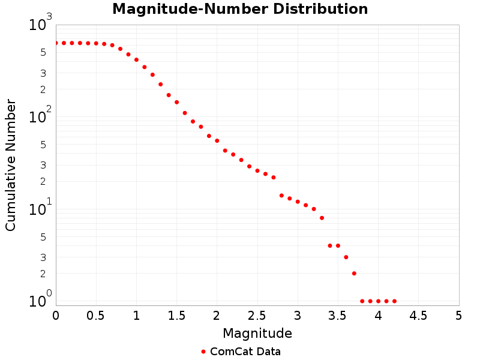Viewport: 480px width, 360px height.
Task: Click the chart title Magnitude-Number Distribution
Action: [x=240, y=10]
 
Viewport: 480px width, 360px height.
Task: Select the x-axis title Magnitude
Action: [x=257, y=333]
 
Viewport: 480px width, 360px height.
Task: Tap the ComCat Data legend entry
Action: [x=240, y=352]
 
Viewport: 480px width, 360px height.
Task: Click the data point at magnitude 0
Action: [x=56, y=43]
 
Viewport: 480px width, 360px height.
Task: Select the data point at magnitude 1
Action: [x=136, y=59]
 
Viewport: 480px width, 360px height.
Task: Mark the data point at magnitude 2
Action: [x=217, y=140]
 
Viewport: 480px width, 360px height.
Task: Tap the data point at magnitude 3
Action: [x=298, y=202]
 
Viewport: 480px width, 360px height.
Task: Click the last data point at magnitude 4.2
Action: [x=394, y=301]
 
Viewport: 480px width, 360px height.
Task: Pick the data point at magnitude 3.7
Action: [x=354, y=274]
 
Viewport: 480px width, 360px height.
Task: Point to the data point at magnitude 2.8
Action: [x=281, y=196]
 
